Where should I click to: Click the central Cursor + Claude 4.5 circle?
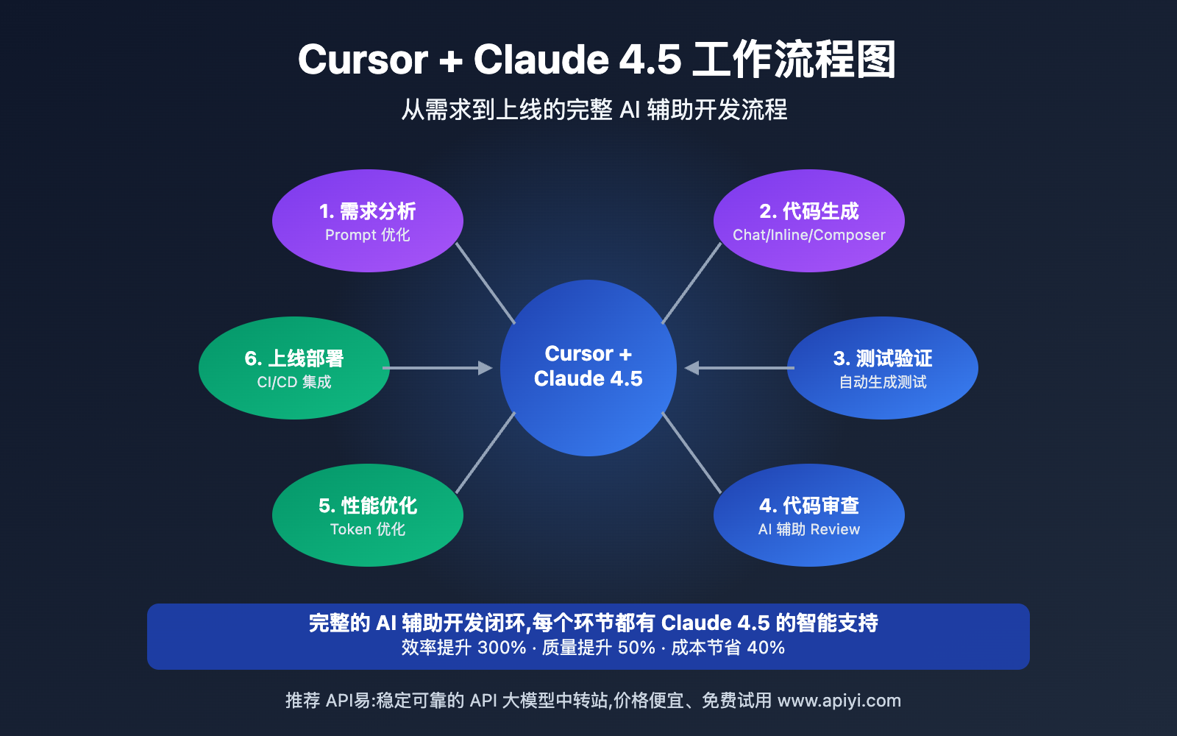588,368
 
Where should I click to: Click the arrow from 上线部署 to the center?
438,368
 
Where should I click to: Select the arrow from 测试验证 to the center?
739,368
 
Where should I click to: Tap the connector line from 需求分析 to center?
486,283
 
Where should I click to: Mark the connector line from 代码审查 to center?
691,453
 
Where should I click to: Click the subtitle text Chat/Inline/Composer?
809,236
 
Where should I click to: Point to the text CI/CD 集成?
294,383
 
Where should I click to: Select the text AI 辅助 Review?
809,530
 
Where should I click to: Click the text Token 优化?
368,530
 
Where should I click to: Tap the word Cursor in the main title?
363,60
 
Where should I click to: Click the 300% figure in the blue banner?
502,648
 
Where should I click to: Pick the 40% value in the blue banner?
766,648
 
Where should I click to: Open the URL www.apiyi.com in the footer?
839,701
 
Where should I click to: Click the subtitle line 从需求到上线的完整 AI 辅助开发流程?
594,110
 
